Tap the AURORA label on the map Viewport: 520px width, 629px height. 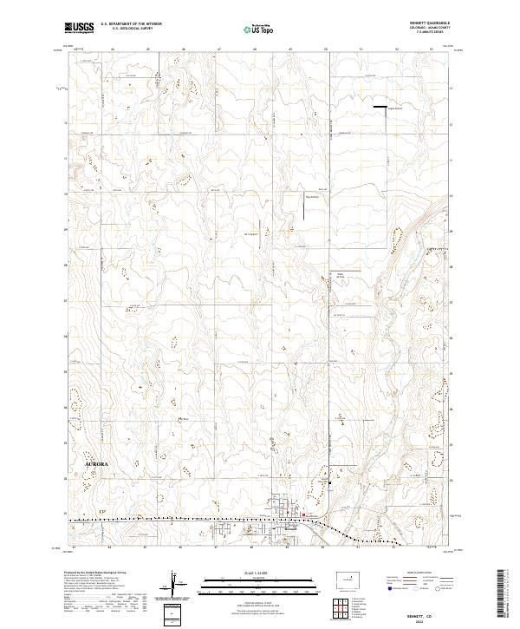click(97, 465)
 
